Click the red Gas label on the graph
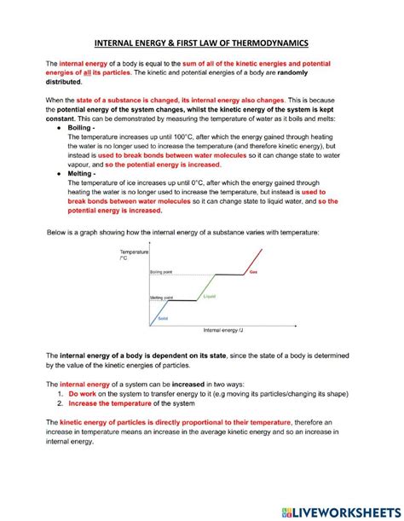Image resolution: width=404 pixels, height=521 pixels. (x=252, y=272)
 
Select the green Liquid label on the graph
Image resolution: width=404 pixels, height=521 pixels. (x=209, y=296)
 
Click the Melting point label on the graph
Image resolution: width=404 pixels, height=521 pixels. (x=162, y=297)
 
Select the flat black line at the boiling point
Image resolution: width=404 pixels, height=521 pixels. (x=225, y=275)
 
